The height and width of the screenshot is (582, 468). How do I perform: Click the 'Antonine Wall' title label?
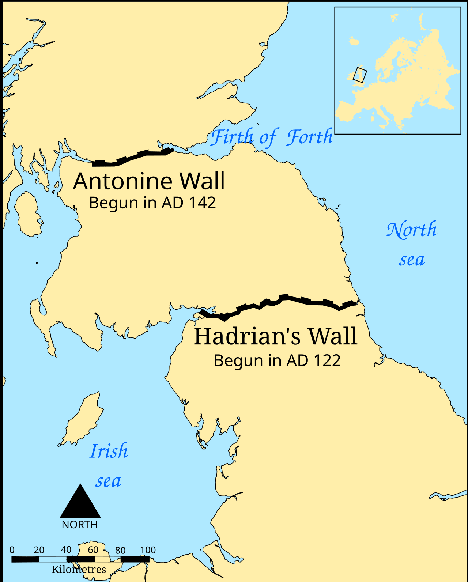[149, 181]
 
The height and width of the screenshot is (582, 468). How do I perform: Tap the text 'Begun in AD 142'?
[152, 203]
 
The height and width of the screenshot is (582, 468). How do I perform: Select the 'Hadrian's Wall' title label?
[275, 337]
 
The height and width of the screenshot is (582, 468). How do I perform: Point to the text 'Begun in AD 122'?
[277, 361]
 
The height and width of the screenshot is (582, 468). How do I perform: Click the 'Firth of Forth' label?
[272, 137]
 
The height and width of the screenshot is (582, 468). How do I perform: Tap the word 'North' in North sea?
[412, 230]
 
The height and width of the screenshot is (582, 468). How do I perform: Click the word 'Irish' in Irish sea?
[109, 451]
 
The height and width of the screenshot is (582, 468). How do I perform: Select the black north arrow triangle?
[80, 503]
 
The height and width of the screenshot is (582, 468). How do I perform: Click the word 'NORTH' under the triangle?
[80, 525]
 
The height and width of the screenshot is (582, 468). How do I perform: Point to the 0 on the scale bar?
[12, 550]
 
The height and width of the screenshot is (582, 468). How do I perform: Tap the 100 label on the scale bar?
[148, 550]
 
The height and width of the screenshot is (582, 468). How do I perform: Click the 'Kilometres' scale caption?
[79, 570]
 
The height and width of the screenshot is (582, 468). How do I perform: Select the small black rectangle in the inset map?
[359, 75]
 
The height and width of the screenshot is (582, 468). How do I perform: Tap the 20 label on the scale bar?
[39, 550]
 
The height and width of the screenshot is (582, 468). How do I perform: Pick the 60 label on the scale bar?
[93, 550]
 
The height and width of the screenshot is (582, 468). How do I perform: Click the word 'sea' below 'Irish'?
[108, 481]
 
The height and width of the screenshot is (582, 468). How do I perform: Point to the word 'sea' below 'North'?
[412, 260]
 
